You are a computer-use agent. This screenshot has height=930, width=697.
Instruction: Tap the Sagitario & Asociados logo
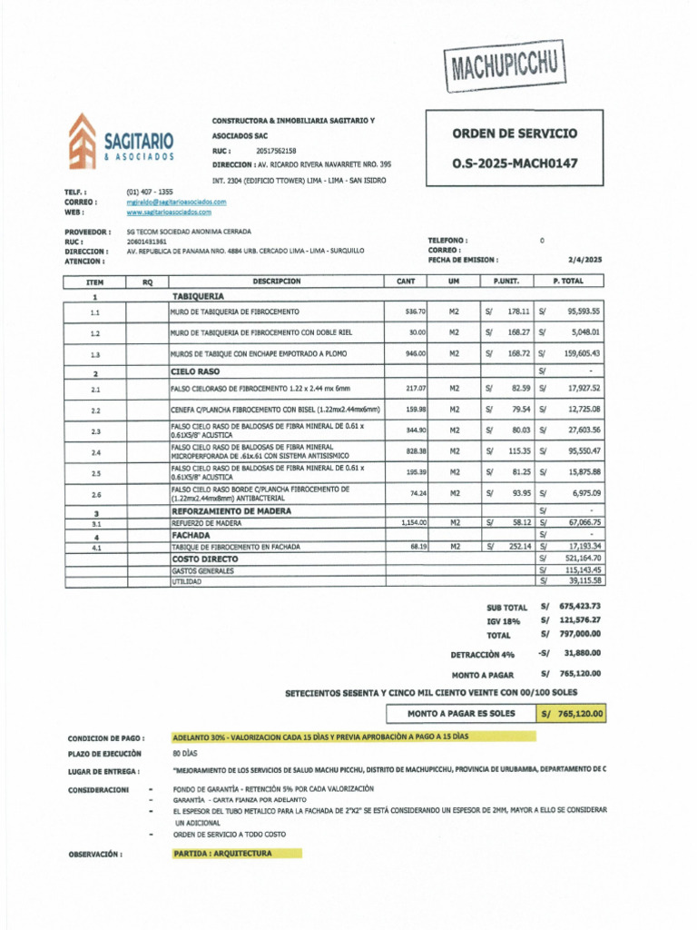pos(121,142)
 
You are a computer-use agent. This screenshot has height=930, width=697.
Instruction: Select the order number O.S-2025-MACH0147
pos(515,164)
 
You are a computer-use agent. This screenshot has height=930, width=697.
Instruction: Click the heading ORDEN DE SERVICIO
pos(515,134)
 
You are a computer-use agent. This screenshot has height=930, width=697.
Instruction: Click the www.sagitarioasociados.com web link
pos(169,212)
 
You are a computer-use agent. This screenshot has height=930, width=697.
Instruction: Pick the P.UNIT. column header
pos(506,282)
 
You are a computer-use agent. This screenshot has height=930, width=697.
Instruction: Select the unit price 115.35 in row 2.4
pos(519,451)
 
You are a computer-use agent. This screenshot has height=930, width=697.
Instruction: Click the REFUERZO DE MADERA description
pos(206,524)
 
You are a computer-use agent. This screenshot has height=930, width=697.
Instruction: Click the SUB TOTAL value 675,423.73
pos(580,606)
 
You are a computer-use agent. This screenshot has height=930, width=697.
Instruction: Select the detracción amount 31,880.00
pos(581,652)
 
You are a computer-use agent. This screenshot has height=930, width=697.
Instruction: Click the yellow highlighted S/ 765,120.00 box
pos(571,714)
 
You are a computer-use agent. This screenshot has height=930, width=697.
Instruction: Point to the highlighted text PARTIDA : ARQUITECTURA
pos(222,854)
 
